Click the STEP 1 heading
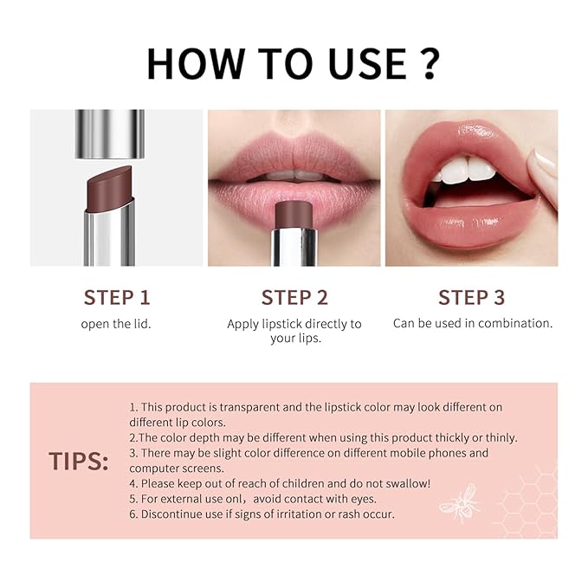click(x=117, y=298)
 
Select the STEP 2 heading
click(x=294, y=298)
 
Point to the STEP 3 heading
click(x=471, y=298)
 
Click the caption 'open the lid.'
click(x=117, y=324)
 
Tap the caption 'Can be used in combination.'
click(x=472, y=323)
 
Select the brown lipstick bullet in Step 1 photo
click(x=110, y=186)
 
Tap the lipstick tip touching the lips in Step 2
click(x=294, y=214)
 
